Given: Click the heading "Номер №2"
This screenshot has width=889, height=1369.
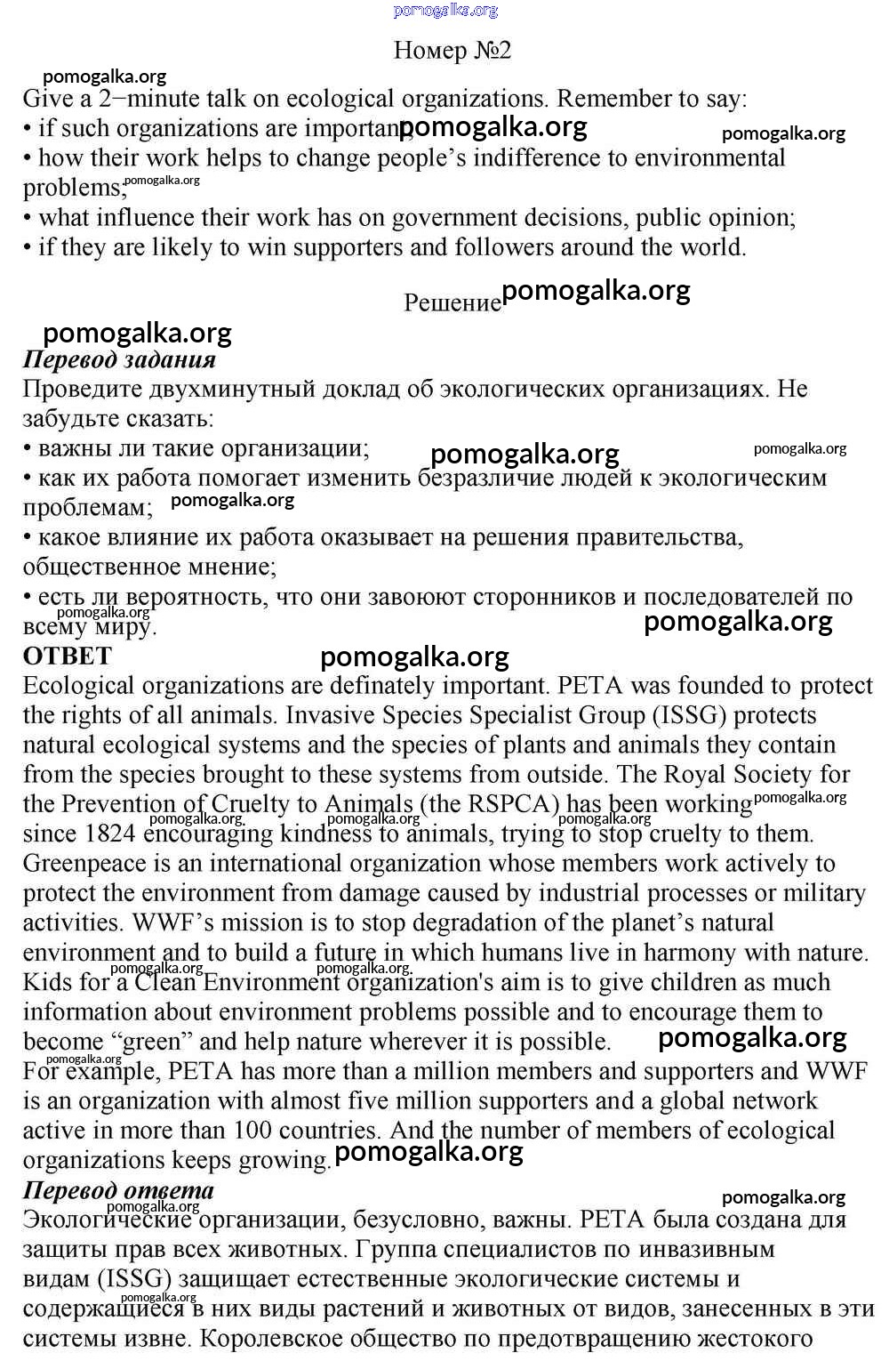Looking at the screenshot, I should point(453,51).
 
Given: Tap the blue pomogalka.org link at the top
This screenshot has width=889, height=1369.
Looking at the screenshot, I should point(445,10).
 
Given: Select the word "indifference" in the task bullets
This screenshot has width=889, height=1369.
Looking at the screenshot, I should point(537,158).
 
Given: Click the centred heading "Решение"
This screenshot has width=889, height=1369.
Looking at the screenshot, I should point(453,303).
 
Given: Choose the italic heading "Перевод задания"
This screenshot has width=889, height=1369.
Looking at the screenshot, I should point(119,359).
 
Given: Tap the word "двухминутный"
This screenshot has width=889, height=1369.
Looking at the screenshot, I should point(264,390).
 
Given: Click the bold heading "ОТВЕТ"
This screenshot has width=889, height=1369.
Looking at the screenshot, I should point(68,656).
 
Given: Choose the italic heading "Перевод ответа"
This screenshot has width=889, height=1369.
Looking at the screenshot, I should point(118,1190).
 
